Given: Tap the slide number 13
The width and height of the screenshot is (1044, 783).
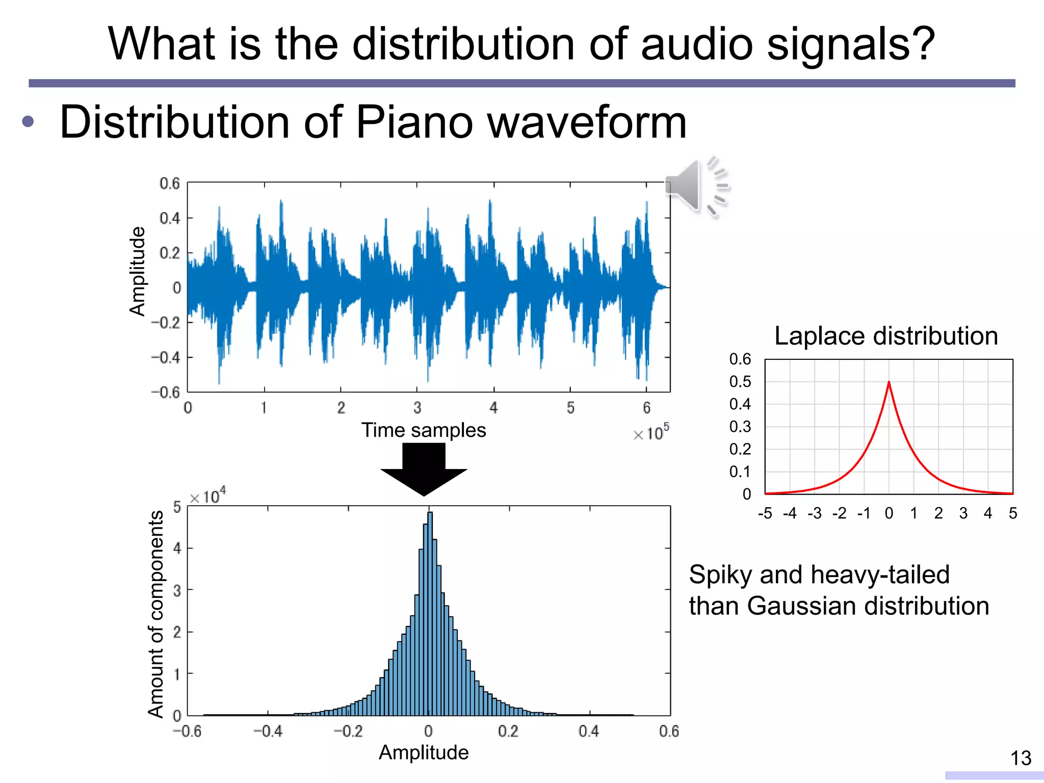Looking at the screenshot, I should pyautogui.click(x=1021, y=758).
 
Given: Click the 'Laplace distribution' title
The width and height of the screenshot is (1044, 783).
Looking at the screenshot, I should pyautogui.click(x=886, y=336).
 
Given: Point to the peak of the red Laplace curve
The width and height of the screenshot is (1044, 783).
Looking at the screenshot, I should pyautogui.click(x=889, y=382).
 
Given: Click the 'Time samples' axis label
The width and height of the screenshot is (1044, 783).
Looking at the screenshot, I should pyautogui.click(x=424, y=430).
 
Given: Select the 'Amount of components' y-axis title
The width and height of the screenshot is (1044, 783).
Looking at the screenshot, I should pyautogui.click(x=156, y=614).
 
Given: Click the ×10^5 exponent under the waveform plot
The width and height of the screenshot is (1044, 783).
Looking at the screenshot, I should pyautogui.click(x=651, y=433).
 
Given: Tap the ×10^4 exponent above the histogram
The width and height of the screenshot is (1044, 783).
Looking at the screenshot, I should pyautogui.click(x=207, y=495).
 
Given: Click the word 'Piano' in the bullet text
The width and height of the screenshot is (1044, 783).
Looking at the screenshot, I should pyautogui.click(x=414, y=122).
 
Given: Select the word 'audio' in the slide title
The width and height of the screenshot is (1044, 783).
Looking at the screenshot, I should pyautogui.click(x=697, y=44).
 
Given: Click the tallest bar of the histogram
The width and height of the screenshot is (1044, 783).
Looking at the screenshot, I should pyautogui.click(x=430, y=612).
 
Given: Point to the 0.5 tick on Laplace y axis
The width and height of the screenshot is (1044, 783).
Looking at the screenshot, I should pyautogui.click(x=740, y=382).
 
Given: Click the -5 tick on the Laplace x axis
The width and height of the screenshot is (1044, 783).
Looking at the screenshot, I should pyautogui.click(x=765, y=513).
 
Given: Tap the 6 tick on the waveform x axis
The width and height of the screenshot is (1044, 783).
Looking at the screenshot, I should pyautogui.click(x=646, y=408).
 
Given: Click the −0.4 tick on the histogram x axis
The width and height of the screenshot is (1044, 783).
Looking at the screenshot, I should pyautogui.click(x=268, y=732).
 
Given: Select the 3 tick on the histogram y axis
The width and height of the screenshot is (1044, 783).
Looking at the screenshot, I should pyautogui.click(x=177, y=591).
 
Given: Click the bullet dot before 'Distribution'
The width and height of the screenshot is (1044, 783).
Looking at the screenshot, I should pyautogui.click(x=28, y=122).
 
